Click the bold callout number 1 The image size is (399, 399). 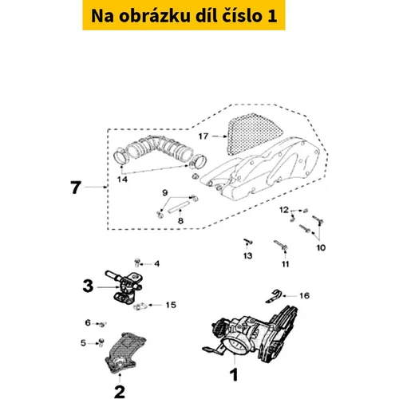coord(234,375)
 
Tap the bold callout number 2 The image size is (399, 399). coord(120,392)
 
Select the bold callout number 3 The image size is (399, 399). coord(88,286)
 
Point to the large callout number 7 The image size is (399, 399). coord(76,188)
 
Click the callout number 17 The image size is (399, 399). coord(203,136)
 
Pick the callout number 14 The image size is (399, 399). coord(122,180)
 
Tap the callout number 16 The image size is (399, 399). coord(305,295)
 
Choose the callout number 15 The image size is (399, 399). coord(171,305)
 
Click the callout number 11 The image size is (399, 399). coord(285,264)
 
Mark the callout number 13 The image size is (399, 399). coord(247,256)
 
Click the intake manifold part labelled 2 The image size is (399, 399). coord(125,353)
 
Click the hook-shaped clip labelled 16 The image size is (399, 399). coord(274,296)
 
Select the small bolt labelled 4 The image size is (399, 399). coord(137,263)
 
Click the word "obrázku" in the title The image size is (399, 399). coord(155,16)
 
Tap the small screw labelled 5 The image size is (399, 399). coord(101,342)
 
